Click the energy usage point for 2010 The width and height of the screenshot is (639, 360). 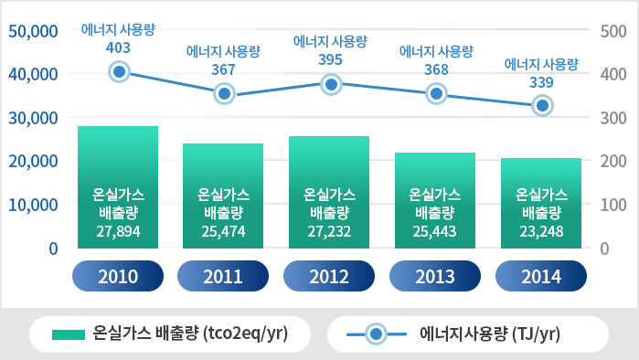(119, 72)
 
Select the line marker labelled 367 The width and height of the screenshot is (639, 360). (225, 94)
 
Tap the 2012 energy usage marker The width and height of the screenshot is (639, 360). (331, 85)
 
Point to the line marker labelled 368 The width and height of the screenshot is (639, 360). (436, 94)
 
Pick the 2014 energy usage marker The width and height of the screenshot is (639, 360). (542, 105)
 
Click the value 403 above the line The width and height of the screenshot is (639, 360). (118, 48)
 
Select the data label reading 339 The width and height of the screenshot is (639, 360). (541, 82)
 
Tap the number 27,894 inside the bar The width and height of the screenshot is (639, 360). (118, 231)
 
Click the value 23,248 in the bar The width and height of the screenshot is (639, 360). (541, 231)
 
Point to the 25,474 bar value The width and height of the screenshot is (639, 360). (223, 231)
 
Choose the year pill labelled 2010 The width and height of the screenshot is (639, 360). (118, 276)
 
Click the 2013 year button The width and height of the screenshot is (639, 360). (435, 276)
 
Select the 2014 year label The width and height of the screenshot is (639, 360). (541, 276)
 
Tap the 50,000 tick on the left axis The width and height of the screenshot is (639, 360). (33, 31)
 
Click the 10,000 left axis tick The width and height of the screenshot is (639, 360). (33, 205)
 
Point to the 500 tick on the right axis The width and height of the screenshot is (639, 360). (613, 31)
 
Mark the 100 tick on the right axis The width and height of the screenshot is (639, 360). (613, 205)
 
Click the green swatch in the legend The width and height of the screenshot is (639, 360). (69, 334)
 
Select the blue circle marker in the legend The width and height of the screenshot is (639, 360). (376, 334)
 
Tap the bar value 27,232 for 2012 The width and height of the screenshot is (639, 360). (329, 231)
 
